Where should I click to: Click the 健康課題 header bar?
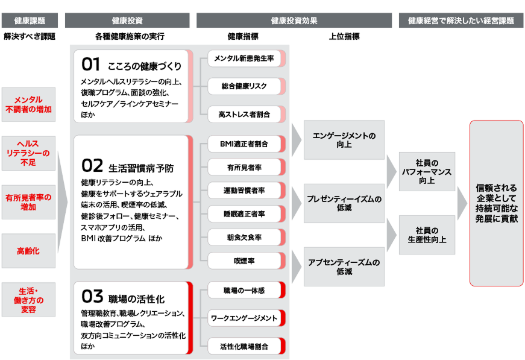[x=29, y=21]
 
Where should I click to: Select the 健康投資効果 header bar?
[x=294, y=21]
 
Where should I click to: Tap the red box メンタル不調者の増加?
[x=29, y=104]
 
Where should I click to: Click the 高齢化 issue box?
[x=29, y=250]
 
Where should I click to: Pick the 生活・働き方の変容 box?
[x=29, y=299]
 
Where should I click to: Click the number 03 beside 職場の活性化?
[x=92, y=297]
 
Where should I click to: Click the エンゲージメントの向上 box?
[x=344, y=140]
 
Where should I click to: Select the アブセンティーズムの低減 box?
[x=344, y=267]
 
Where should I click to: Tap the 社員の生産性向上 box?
[x=427, y=235]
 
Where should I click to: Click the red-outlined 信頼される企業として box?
[x=496, y=203]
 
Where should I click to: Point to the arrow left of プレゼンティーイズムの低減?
[x=296, y=203]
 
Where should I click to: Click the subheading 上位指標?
[x=344, y=36]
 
